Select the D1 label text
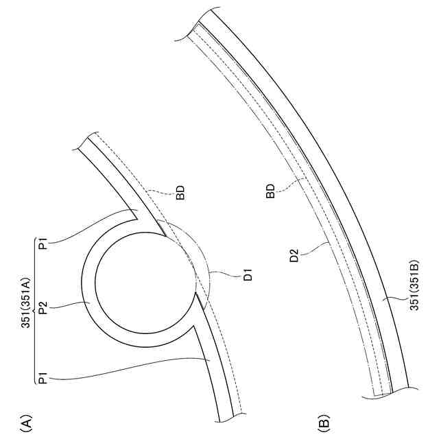tap(248, 274)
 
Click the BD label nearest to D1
tap(180, 193)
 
